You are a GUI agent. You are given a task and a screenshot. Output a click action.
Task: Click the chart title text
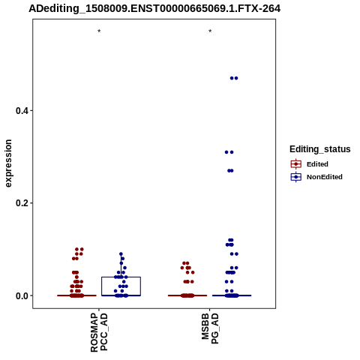(x=154, y=8)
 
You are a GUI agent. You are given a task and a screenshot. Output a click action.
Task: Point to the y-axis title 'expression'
(x=8, y=163)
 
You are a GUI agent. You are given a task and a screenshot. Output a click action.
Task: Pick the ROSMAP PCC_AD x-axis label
(x=99, y=332)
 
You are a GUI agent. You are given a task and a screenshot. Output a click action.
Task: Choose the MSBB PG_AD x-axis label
(x=210, y=328)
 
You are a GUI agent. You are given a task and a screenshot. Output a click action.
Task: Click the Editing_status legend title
(x=320, y=149)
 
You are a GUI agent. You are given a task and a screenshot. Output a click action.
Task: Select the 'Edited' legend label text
(x=317, y=164)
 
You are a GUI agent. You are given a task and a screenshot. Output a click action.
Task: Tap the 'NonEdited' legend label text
(x=325, y=177)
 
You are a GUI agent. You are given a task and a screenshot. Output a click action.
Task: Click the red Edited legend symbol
(x=296, y=164)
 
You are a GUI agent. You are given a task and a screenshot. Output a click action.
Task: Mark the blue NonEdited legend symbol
(x=296, y=177)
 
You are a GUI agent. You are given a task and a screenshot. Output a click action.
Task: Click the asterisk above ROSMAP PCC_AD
(x=99, y=31)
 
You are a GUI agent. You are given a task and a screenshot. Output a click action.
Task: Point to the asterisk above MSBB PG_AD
(x=210, y=31)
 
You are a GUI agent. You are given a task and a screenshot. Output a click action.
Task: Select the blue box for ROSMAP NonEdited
(x=121, y=277)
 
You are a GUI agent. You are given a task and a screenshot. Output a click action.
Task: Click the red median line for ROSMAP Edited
(x=76, y=295)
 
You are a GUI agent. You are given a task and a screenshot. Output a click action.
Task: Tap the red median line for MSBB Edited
(x=187, y=295)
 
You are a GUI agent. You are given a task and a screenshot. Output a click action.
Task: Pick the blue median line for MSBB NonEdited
(x=232, y=295)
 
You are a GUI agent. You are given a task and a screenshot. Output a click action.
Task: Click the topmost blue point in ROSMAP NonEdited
(x=121, y=254)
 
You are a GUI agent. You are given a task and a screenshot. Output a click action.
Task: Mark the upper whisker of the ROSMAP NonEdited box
(x=121, y=265)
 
